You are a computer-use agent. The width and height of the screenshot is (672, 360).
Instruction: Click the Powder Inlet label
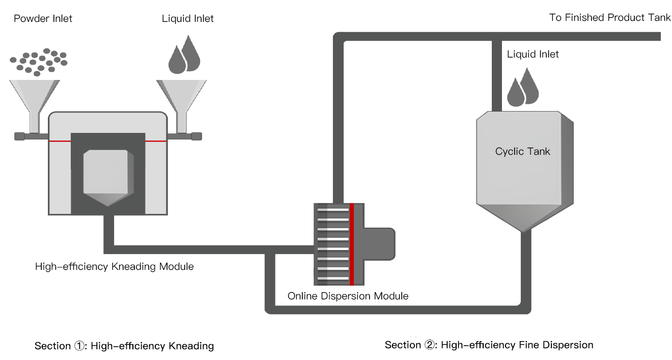point(43,19)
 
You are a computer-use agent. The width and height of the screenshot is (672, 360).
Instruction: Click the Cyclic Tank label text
point(522,151)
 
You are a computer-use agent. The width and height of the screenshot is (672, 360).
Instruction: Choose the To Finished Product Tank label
point(610,18)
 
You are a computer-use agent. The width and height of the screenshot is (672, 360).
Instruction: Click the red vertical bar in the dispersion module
point(352,244)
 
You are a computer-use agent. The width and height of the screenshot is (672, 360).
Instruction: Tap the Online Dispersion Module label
point(348,296)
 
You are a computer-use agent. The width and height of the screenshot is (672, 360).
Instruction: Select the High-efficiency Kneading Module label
point(114,266)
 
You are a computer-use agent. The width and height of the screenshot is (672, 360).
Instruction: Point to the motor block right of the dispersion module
point(379,244)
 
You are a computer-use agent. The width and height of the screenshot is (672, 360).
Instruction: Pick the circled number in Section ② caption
point(430,345)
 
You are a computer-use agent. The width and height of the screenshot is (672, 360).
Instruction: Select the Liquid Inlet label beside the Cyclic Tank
point(533,54)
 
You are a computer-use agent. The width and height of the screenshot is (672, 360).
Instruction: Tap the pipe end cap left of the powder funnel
point(19,136)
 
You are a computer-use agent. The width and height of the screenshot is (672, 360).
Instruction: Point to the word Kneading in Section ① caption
point(191,346)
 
